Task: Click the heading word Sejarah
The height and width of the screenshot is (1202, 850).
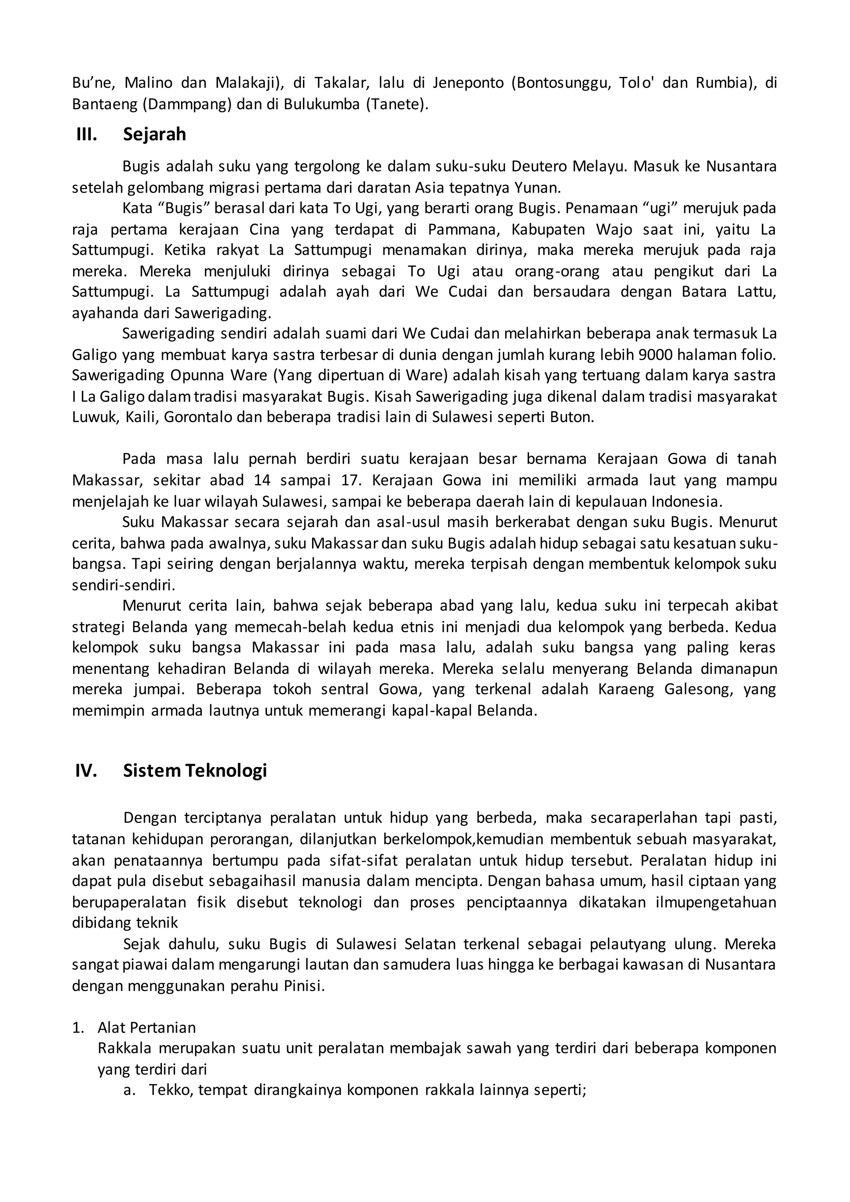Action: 154,134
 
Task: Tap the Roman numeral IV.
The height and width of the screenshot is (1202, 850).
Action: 86,771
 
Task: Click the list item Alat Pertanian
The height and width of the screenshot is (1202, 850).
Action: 147,1028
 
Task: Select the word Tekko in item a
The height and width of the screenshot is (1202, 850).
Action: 166,1090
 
